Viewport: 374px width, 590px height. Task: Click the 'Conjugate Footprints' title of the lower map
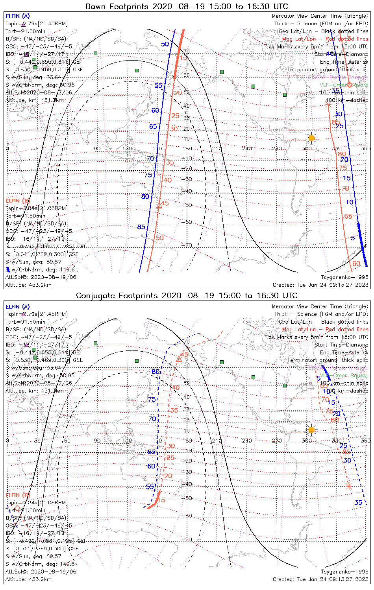(x=114, y=296)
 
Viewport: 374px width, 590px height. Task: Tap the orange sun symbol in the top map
(x=311, y=138)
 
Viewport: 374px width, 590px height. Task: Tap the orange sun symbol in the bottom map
(x=311, y=430)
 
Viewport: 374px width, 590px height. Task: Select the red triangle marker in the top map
(x=159, y=205)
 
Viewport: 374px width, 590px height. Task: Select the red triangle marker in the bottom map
(x=179, y=359)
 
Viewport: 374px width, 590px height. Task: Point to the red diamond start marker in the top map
(x=349, y=85)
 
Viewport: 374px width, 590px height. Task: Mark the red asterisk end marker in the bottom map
(x=348, y=487)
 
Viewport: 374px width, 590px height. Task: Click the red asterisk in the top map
(x=328, y=104)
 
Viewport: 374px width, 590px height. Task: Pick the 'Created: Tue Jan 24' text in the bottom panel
(x=320, y=579)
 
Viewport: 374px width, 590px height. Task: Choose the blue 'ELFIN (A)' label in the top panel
(x=17, y=16)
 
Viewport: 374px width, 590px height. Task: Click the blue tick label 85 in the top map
(x=141, y=227)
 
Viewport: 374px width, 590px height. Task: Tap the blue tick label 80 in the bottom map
(x=156, y=372)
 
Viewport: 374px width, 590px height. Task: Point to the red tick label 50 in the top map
(x=159, y=238)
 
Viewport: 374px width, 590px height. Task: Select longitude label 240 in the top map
(x=247, y=149)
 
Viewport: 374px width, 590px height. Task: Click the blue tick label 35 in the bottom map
(x=358, y=503)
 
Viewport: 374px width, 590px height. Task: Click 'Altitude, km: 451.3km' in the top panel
(x=35, y=100)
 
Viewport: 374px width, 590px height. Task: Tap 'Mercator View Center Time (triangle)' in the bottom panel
(x=320, y=306)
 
